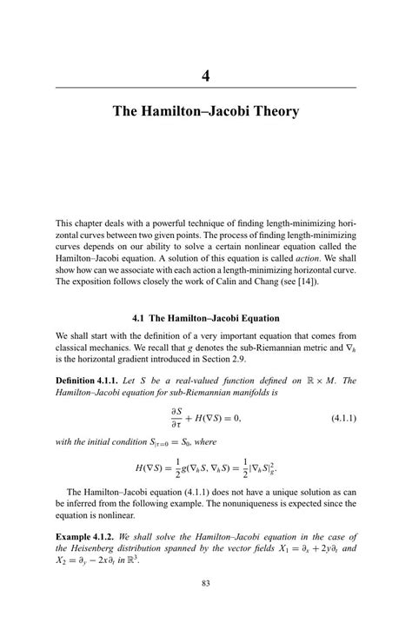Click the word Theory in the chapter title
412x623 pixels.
click(275, 111)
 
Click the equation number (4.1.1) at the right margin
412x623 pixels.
click(339, 418)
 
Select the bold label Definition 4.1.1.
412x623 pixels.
click(86, 381)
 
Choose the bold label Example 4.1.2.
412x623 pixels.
click(83, 536)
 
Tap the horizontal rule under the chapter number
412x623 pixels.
click(206, 88)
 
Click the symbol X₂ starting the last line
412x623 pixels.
click(62, 560)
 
